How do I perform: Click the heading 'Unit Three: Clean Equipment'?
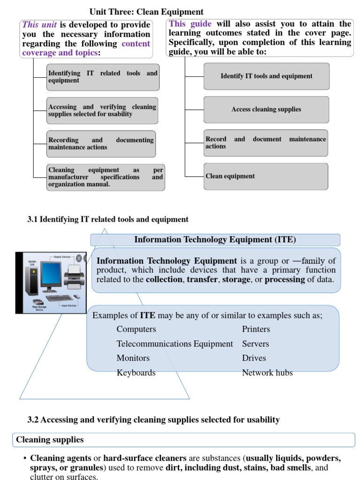click(x=146, y=12)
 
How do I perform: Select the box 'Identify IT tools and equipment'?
click(x=266, y=76)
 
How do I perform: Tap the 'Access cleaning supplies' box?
click(x=266, y=110)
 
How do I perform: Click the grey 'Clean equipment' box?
click(x=265, y=176)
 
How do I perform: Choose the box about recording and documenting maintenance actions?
click(x=101, y=144)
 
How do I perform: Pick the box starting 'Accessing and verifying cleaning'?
click(x=102, y=111)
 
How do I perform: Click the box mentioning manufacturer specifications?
click(x=105, y=177)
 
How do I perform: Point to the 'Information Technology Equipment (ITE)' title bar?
click(x=215, y=240)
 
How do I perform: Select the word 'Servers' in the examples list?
click(x=255, y=344)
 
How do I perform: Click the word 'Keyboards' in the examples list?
click(x=136, y=373)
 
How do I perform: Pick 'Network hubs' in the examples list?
click(x=267, y=373)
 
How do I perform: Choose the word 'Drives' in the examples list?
click(x=254, y=358)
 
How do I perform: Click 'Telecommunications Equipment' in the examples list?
click(x=174, y=344)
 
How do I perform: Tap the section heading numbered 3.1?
click(x=108, y=219)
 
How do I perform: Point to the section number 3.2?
click(x=33, y=420)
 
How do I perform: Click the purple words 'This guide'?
click(x=190, y=24)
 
